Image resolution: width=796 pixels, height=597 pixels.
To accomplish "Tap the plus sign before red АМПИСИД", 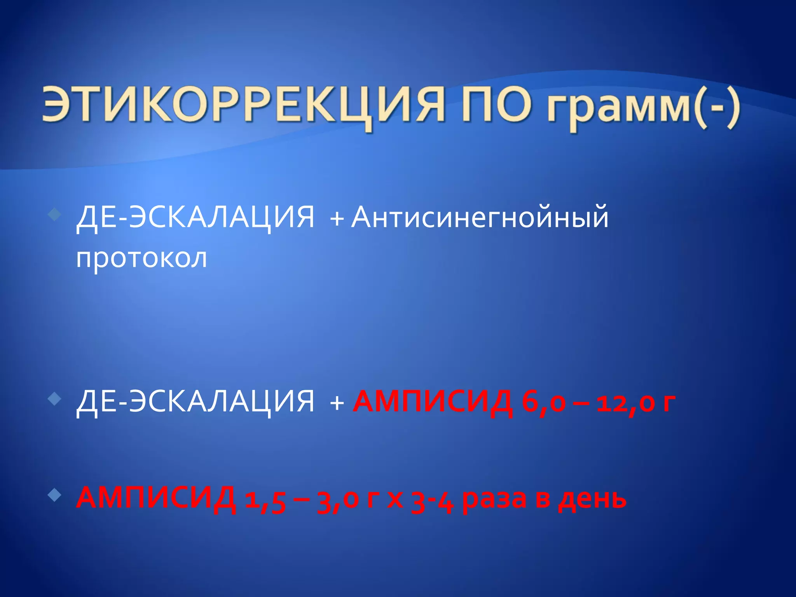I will pos(337,403).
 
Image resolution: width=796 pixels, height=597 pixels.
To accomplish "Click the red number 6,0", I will pos(543,403).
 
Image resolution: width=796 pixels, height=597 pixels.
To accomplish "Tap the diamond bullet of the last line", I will pos(55,495).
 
